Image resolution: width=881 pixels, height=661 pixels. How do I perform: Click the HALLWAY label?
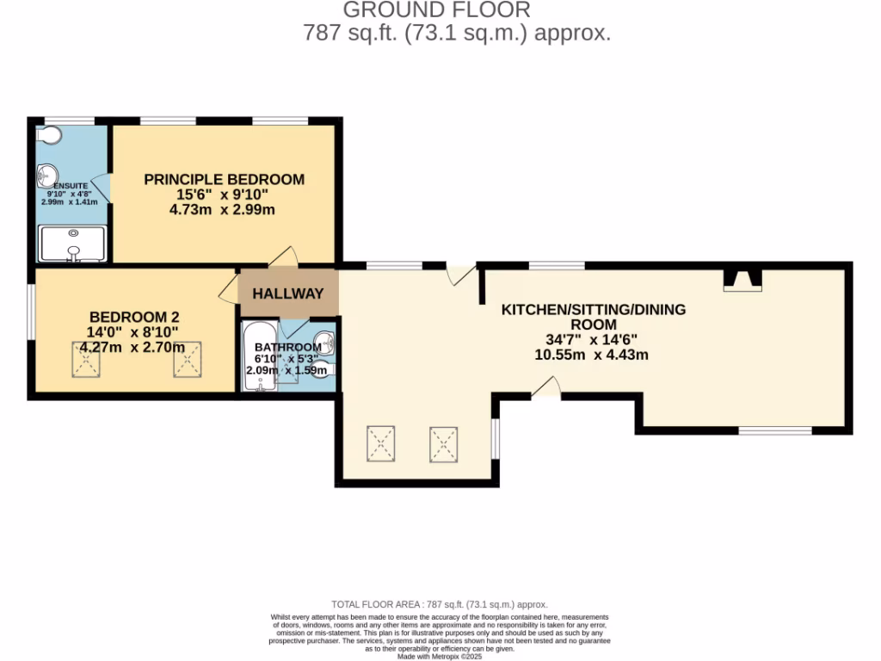(x=287, y=293)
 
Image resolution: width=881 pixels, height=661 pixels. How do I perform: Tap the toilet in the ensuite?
(x=48, y=135)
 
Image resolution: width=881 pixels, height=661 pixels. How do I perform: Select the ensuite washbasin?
(x=46, y=177)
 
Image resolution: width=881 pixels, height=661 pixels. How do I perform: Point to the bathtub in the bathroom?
(x=257, y=356)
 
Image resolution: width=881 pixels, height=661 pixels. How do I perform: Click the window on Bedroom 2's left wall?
(x=31, y=312)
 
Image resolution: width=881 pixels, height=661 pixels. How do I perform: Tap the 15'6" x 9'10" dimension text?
(x=224, y=195)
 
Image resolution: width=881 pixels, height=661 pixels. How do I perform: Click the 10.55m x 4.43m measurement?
(x=591, y=355)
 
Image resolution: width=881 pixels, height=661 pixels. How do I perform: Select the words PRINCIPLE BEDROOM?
(x=224, y=179)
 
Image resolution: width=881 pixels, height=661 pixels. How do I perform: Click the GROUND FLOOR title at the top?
(x=436, y=10)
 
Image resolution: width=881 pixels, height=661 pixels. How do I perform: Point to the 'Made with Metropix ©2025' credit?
(x=440, y=656)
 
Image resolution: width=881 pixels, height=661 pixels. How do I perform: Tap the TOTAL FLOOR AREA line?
(x=440, y=605)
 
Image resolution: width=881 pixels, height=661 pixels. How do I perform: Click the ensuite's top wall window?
(x=69, y=120)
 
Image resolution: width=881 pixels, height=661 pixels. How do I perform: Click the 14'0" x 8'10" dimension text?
(x=132, y=331)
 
